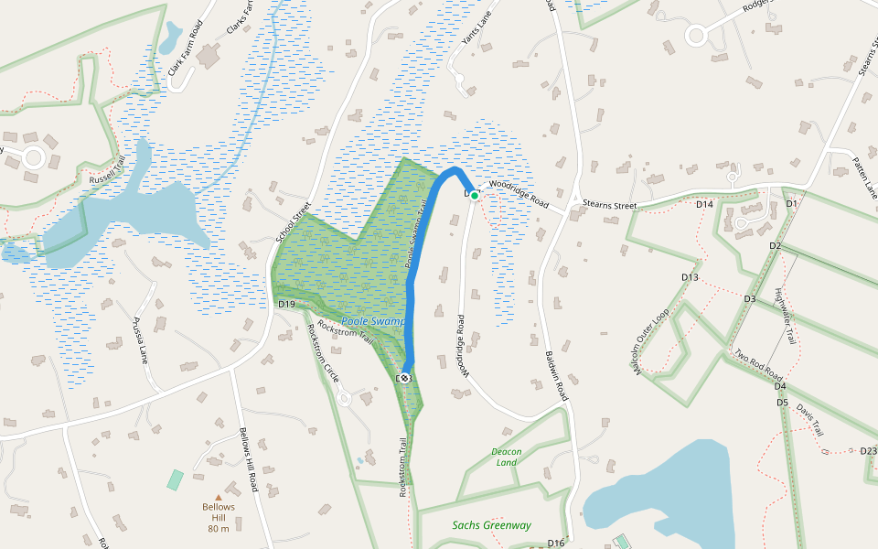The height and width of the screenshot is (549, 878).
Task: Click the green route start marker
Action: tap(475, 195)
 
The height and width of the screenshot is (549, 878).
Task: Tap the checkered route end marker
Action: tap(404, 378)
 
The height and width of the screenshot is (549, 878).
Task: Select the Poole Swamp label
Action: tap(372, 322)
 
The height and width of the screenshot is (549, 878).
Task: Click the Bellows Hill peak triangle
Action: tap(218, 498)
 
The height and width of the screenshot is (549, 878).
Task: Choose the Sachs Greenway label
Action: tap(491, 525)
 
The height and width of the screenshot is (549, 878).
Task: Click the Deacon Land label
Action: tap(506, 457)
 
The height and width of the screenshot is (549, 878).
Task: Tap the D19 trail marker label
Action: tap(286, 304)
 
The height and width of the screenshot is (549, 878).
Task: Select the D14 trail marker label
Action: tap(704, 204)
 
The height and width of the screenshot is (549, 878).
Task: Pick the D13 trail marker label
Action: tap(690, 277)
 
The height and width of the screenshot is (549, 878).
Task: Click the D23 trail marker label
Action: tap(868, 450)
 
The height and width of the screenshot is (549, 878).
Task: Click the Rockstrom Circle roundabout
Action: tap(345, 398)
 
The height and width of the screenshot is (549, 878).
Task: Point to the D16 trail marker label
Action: tap(556, 544)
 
